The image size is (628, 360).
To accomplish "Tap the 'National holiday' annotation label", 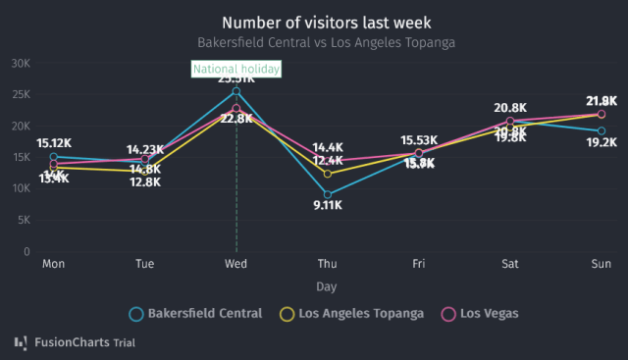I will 236,69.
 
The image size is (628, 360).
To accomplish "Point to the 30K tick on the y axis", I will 20,63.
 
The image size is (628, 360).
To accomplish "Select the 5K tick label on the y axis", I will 23,221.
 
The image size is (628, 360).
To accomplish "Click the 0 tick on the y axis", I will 27,252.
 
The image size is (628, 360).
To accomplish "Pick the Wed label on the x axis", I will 235,265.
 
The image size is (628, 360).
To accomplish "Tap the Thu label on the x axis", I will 328,265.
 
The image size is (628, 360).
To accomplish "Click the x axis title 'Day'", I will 326,286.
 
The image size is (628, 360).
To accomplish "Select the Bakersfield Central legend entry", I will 196,314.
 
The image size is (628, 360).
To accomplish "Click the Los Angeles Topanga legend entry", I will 352,314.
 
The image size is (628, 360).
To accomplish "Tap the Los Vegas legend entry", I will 481,314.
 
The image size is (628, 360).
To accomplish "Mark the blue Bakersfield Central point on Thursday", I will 328,194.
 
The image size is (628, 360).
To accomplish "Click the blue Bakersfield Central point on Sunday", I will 602,130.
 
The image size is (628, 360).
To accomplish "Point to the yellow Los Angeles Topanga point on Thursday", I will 328,174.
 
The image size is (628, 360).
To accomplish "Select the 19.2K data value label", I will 601,143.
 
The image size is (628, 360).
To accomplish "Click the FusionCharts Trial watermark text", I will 84,343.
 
